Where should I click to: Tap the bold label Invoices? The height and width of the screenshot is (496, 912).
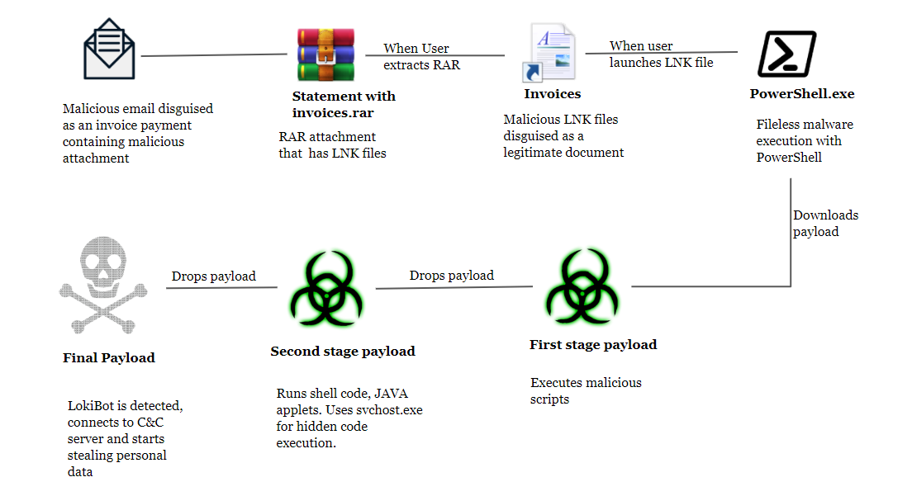(x=552, y=94)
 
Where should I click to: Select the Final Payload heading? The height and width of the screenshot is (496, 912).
(x=108, y=358)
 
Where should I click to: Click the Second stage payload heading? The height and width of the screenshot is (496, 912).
(x=342, y=352)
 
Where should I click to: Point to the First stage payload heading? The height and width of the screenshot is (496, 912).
(x=592, y=345)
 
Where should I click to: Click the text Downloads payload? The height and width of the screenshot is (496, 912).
(x=825, y=224)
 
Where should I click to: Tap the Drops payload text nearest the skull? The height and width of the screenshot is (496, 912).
(x=213, y=276)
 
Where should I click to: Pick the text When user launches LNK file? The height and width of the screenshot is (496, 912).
(x=660, y=54)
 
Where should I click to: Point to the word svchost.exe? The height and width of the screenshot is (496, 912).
(x=392, y=410)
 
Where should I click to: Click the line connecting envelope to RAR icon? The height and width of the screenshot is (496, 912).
(x=215, y=55)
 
